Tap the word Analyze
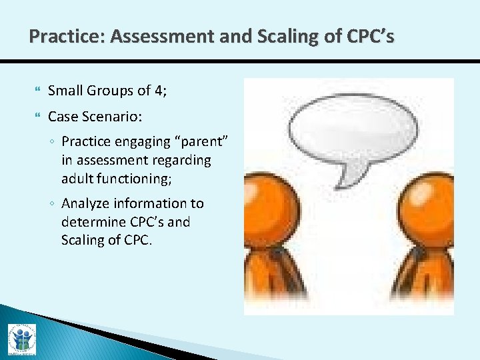pos(85,203)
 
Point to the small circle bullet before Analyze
pos(53,204)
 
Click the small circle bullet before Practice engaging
pos(53,142)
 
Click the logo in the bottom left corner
pos(21,341)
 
